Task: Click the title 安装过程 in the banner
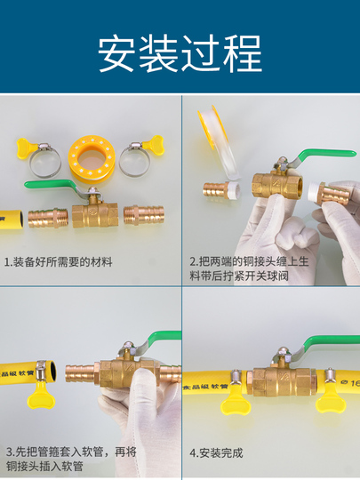(180, 53)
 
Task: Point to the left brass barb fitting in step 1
(48, 218)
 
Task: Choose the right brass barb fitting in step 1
(144, 215)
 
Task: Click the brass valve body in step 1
(95, 215)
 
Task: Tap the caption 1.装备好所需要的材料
(58, 262)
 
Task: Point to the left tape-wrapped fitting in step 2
(221, 190)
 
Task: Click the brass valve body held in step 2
(277, 185)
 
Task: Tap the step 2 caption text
(249, 268)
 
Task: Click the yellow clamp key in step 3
(41, 396)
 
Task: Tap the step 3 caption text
(71, 459)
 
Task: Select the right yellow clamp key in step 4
(331, 398)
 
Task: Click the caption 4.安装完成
(216, 453)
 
